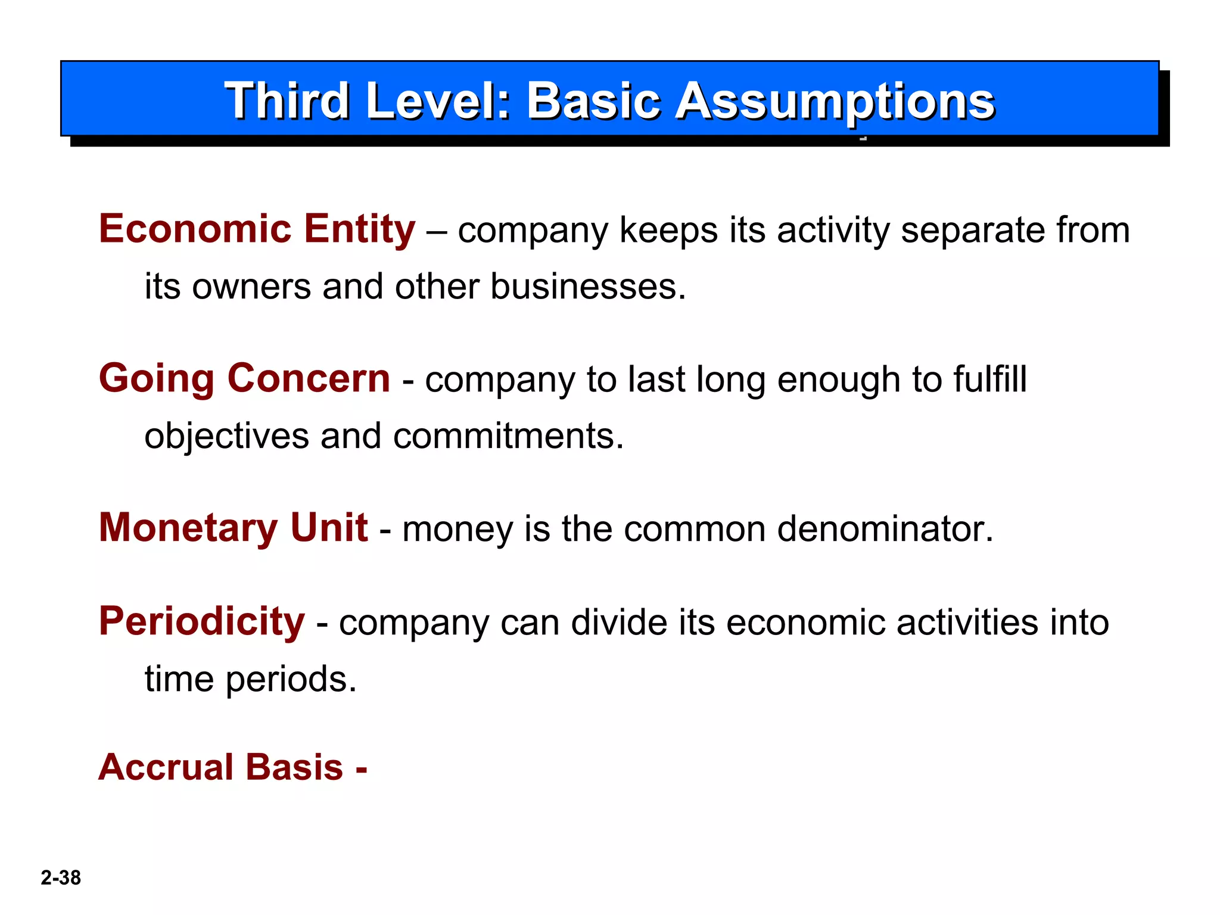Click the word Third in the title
point(286,101)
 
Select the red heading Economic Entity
point(257,229)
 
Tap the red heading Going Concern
point(244,378)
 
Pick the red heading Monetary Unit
point(233,528)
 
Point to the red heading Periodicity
point(201,621)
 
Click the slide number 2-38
point(61,877)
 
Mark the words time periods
point(250,679)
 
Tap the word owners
point(251,287)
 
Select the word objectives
point(226,436)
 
